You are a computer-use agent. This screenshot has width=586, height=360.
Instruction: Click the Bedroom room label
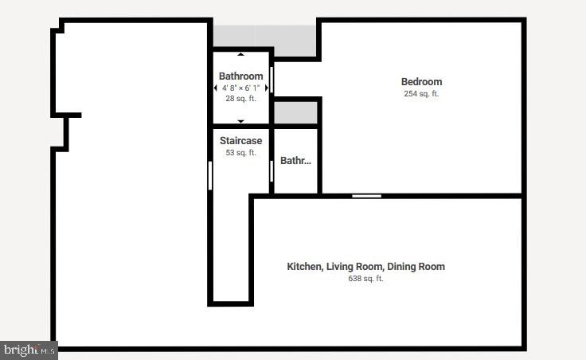pos(421,81)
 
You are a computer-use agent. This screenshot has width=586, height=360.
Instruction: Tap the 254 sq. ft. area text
pos(421,94)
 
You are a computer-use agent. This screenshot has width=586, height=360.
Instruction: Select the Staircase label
pos(240,141)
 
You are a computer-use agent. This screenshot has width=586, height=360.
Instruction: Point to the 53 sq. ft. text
pos(240,153)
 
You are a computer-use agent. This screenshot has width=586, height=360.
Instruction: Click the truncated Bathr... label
pos(295,161)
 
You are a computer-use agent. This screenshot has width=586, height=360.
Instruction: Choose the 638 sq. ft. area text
pos(365,279)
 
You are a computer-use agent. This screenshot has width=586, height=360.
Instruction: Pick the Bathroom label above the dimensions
pos(240,76)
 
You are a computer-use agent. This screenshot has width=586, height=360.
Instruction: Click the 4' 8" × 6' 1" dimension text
pos(240,88)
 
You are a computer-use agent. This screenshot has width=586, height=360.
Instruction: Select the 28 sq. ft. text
pos(240,99)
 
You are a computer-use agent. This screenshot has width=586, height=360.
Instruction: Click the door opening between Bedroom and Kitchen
pos(366,195)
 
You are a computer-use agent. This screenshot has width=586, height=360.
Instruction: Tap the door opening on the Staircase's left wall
pos(210,175)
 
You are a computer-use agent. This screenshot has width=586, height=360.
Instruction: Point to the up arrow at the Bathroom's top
pos(240,54)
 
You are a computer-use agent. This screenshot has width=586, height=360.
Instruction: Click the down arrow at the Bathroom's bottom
pos(240,121)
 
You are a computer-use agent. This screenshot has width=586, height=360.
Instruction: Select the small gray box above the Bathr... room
pos(295,112)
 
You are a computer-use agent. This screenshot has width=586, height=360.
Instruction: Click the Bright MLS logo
pos(29,350)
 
